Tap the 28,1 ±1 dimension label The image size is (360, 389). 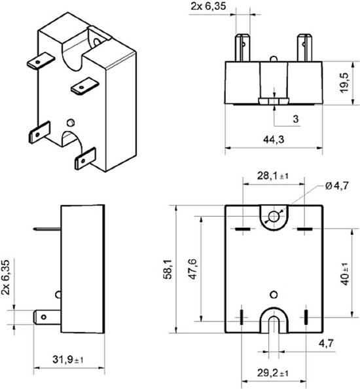tap(268, 175)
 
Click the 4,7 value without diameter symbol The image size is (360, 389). tap(325, 343)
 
